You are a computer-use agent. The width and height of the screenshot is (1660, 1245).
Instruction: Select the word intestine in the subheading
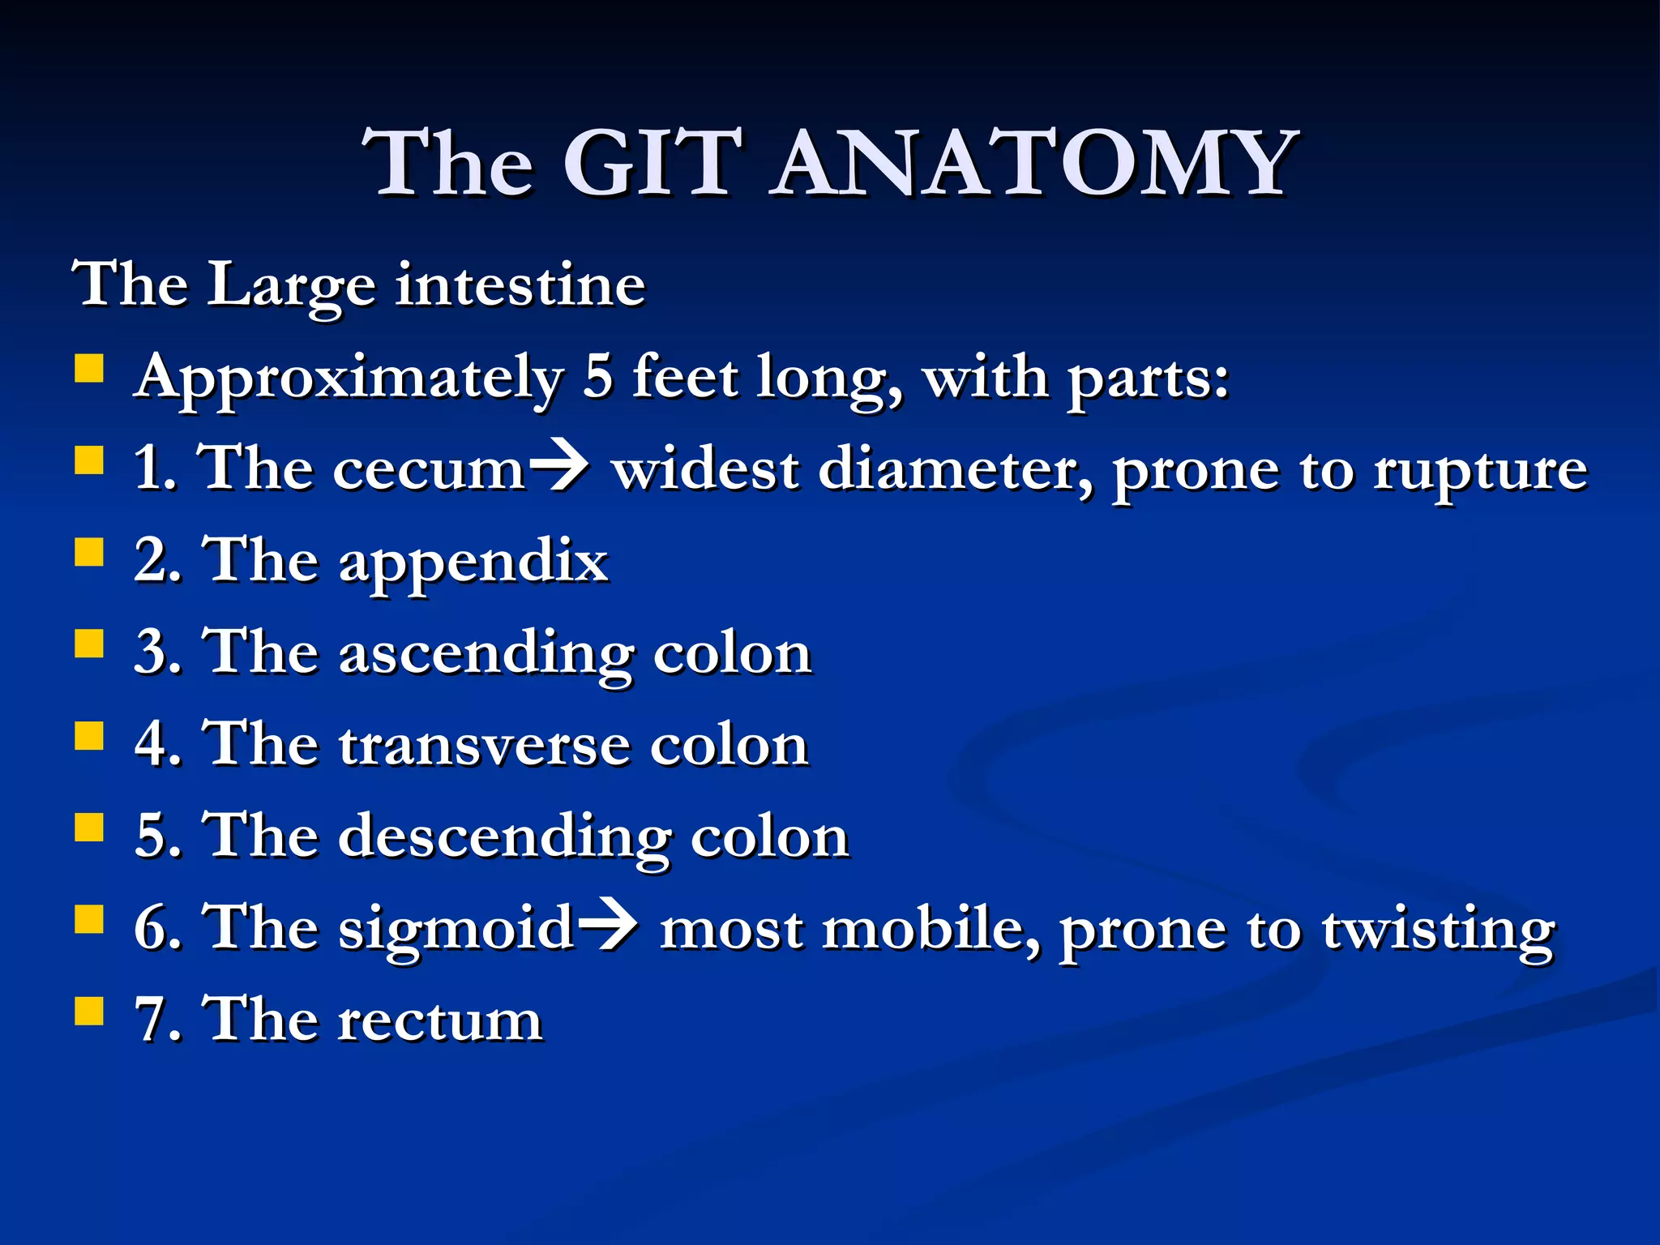520,285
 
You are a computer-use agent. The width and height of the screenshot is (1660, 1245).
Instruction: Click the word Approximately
349,379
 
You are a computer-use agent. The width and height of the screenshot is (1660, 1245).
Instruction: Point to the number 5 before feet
597,377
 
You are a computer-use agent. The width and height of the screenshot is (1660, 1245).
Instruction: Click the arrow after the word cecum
558,468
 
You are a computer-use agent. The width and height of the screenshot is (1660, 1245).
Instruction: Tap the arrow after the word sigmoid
607,926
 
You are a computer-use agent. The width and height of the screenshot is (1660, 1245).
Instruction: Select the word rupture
1480,470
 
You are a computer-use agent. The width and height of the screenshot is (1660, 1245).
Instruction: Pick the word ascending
486,654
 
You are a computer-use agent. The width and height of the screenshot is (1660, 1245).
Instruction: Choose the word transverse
484,746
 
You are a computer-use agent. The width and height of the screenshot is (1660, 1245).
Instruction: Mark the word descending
504,837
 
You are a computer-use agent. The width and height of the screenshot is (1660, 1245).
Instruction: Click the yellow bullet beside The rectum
89,1012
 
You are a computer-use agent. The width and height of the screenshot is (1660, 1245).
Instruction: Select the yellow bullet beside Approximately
89,369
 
